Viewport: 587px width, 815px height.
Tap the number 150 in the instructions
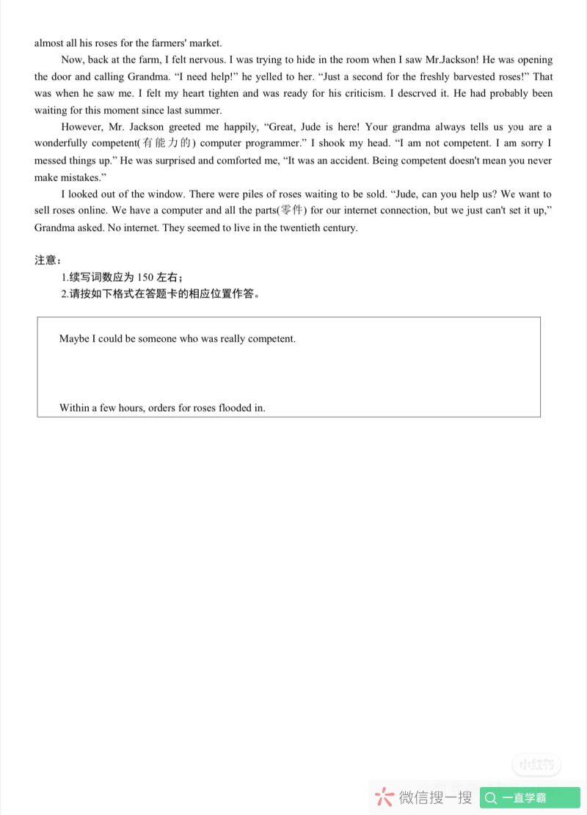(x=145, y=277)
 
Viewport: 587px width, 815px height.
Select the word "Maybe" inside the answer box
(x=74, y=339)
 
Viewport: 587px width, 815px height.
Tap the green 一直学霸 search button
(x=530, y=798)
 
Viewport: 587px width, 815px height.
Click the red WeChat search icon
(x=383, y=798)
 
